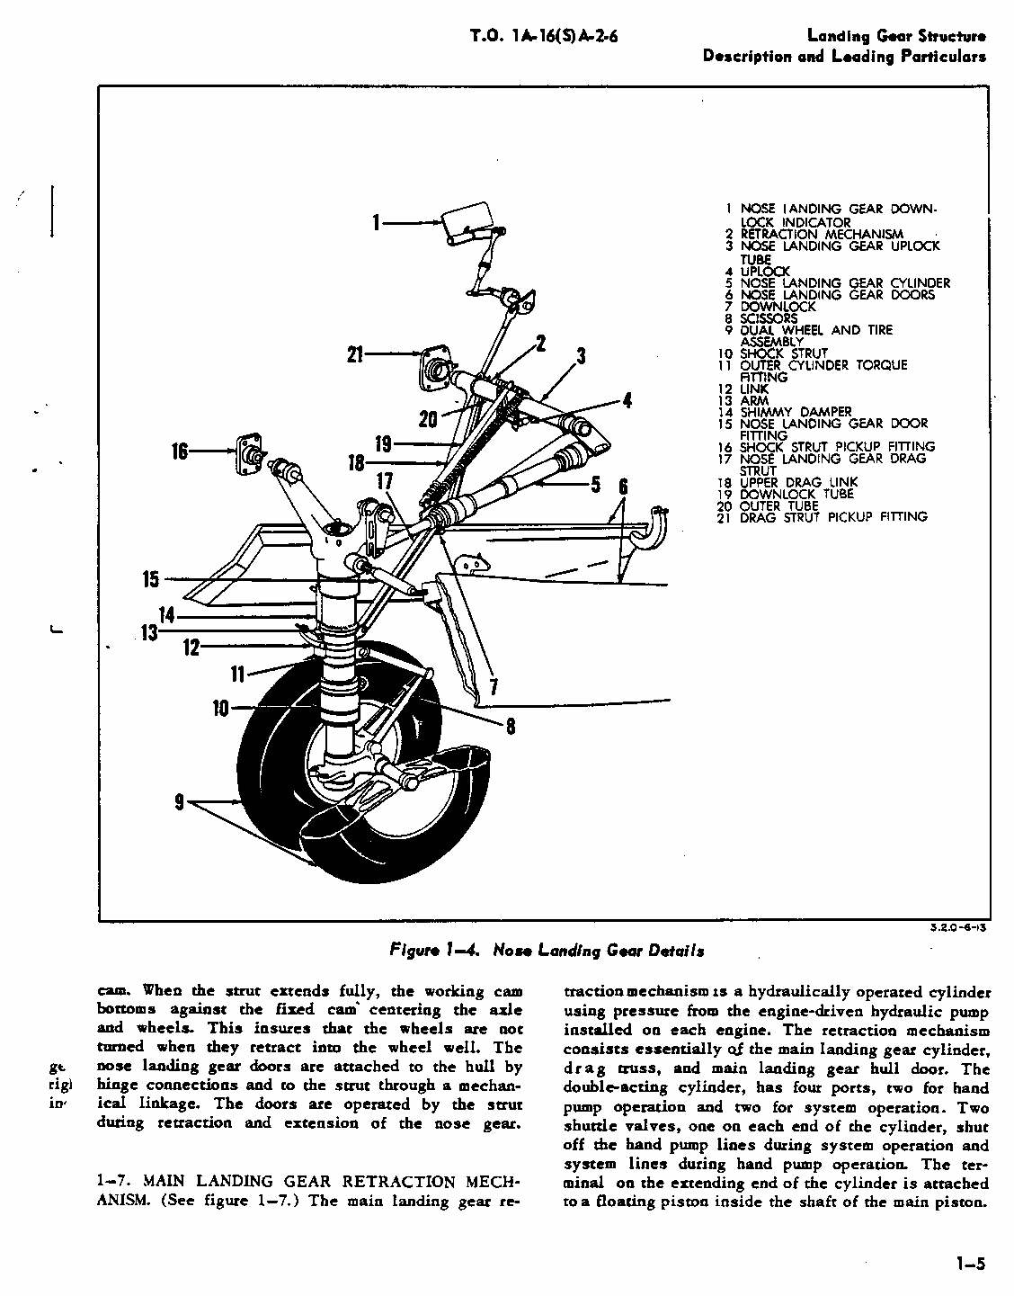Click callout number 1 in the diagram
pyautogui.click(x=378, y=222)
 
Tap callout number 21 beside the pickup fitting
pyautogui.click(x=354, y=355)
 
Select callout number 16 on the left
pyautogui.click(x=180, y=450)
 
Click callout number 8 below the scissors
pyautogui.click(x=511, y=726)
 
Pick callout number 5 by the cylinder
pyautogui.click(x=595, y=485)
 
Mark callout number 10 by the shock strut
pyautogui.click(x=220, y=708)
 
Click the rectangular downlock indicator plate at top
pyautogui.click(x=467, y=220)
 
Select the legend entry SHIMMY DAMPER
pyautogui.click(x=795, y=412)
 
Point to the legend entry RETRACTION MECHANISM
pyautogui.click(x=821, y=234)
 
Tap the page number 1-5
pyautogui.click(x=970, y=1264)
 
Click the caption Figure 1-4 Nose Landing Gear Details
pyautogui.click(x=547, y=951)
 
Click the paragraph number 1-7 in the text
pyautogui.click(x=114, y=1181)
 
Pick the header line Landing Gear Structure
pyautogui.click(x=895, y=36)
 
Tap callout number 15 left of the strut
pyautogui.click(x=150, y=580)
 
